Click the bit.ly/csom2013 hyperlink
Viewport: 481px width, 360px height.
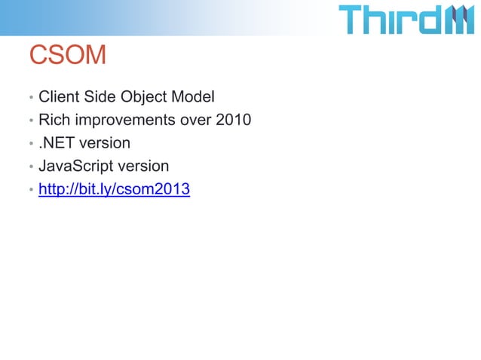coord(114,189)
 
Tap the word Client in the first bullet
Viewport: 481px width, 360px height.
coord(59,97)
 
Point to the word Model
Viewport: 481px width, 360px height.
coord(193,97)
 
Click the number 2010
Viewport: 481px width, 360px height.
coord(234,120)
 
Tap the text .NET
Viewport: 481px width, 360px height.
coord(58,142)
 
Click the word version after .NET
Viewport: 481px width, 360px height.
coord(106,142)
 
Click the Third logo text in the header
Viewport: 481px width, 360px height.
coord(390,20)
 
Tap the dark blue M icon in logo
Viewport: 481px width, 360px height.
coord(458,20)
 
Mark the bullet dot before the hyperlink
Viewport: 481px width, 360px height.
coord(31,191)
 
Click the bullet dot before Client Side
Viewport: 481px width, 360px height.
coord(31,99)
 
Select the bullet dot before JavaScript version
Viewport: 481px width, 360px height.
coord(31,167)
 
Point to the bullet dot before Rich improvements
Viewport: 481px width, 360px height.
coord(31,121)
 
